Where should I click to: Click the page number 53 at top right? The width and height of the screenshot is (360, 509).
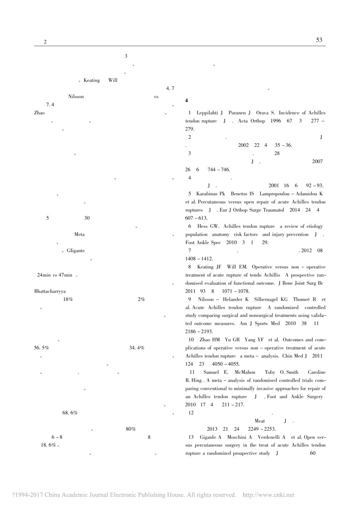click(x=319, y=40)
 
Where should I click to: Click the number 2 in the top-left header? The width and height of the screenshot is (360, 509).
click(x=45, y=42)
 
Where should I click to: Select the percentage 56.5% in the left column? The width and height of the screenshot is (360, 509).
click(x=42, y=348)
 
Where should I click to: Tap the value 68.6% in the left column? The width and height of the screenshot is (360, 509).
click(x=70, y=413)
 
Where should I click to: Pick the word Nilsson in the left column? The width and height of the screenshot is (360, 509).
click(x=76, y=97)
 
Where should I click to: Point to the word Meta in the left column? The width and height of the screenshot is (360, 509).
click(x=79, y=234)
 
